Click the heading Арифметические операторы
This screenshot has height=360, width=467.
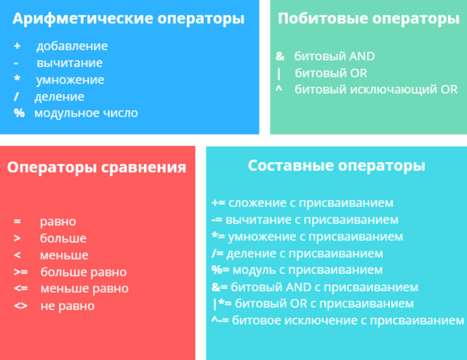[x=128, y=19]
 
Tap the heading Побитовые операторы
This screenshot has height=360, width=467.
[x=368, y=19]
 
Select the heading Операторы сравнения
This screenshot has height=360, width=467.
[x=97, y=167]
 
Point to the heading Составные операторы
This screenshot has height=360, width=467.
[x=337, y=165]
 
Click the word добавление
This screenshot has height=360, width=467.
[x=72, y=46]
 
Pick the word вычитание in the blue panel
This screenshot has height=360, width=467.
[x=69, y=63]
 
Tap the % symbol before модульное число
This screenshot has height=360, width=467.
[x=19, y=113]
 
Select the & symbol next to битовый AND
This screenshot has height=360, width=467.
[x=280, y=56]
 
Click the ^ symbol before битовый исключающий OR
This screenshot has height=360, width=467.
[x=279, y=89]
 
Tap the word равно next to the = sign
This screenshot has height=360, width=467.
[x=58, y=222]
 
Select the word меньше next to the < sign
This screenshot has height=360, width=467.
[x=64, y=256]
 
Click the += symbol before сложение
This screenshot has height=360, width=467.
[x=218, y=203]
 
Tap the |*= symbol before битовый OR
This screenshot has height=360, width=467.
[x=221, y=304]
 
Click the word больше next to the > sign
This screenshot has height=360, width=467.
[x=63, y=239]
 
